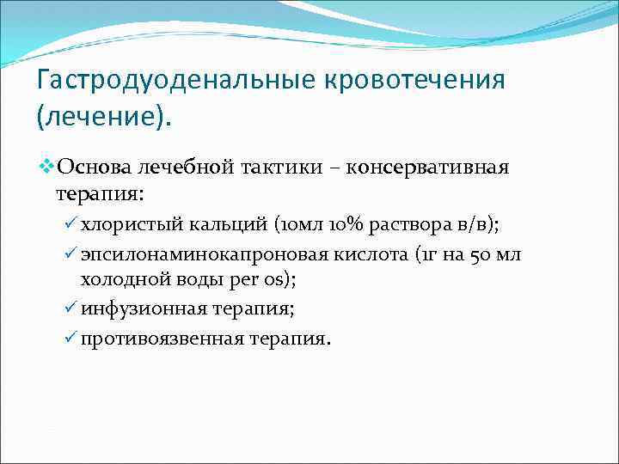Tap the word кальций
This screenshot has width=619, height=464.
point(225,226)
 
